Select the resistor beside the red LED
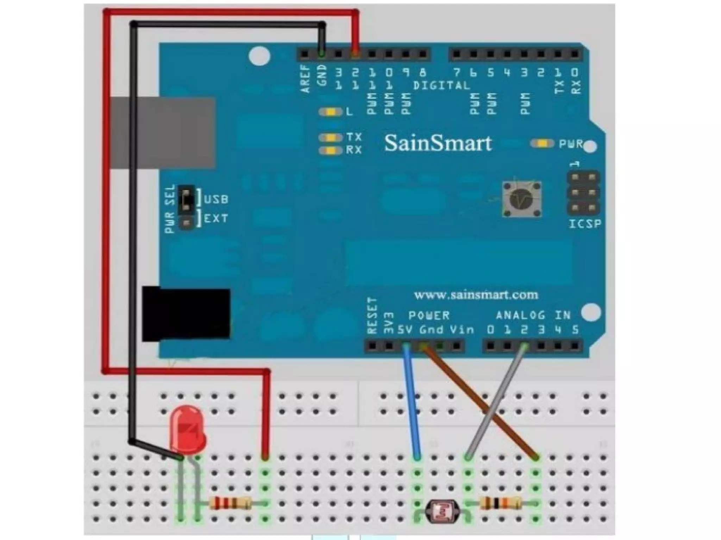pos(231,503)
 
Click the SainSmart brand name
pos(438,143)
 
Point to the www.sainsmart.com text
pos(476,294)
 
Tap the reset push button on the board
pos(521,199)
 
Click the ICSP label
pos(585,224)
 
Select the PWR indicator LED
pos(542,144)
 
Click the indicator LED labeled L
pos(330,112)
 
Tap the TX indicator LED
pos(330,137)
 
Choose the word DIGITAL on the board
pos(441,85)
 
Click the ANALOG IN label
pos(533,315)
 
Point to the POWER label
pos(429,315)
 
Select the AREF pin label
pos(306,79)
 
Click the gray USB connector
pos(163,133)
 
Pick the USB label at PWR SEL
pos(216,199)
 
